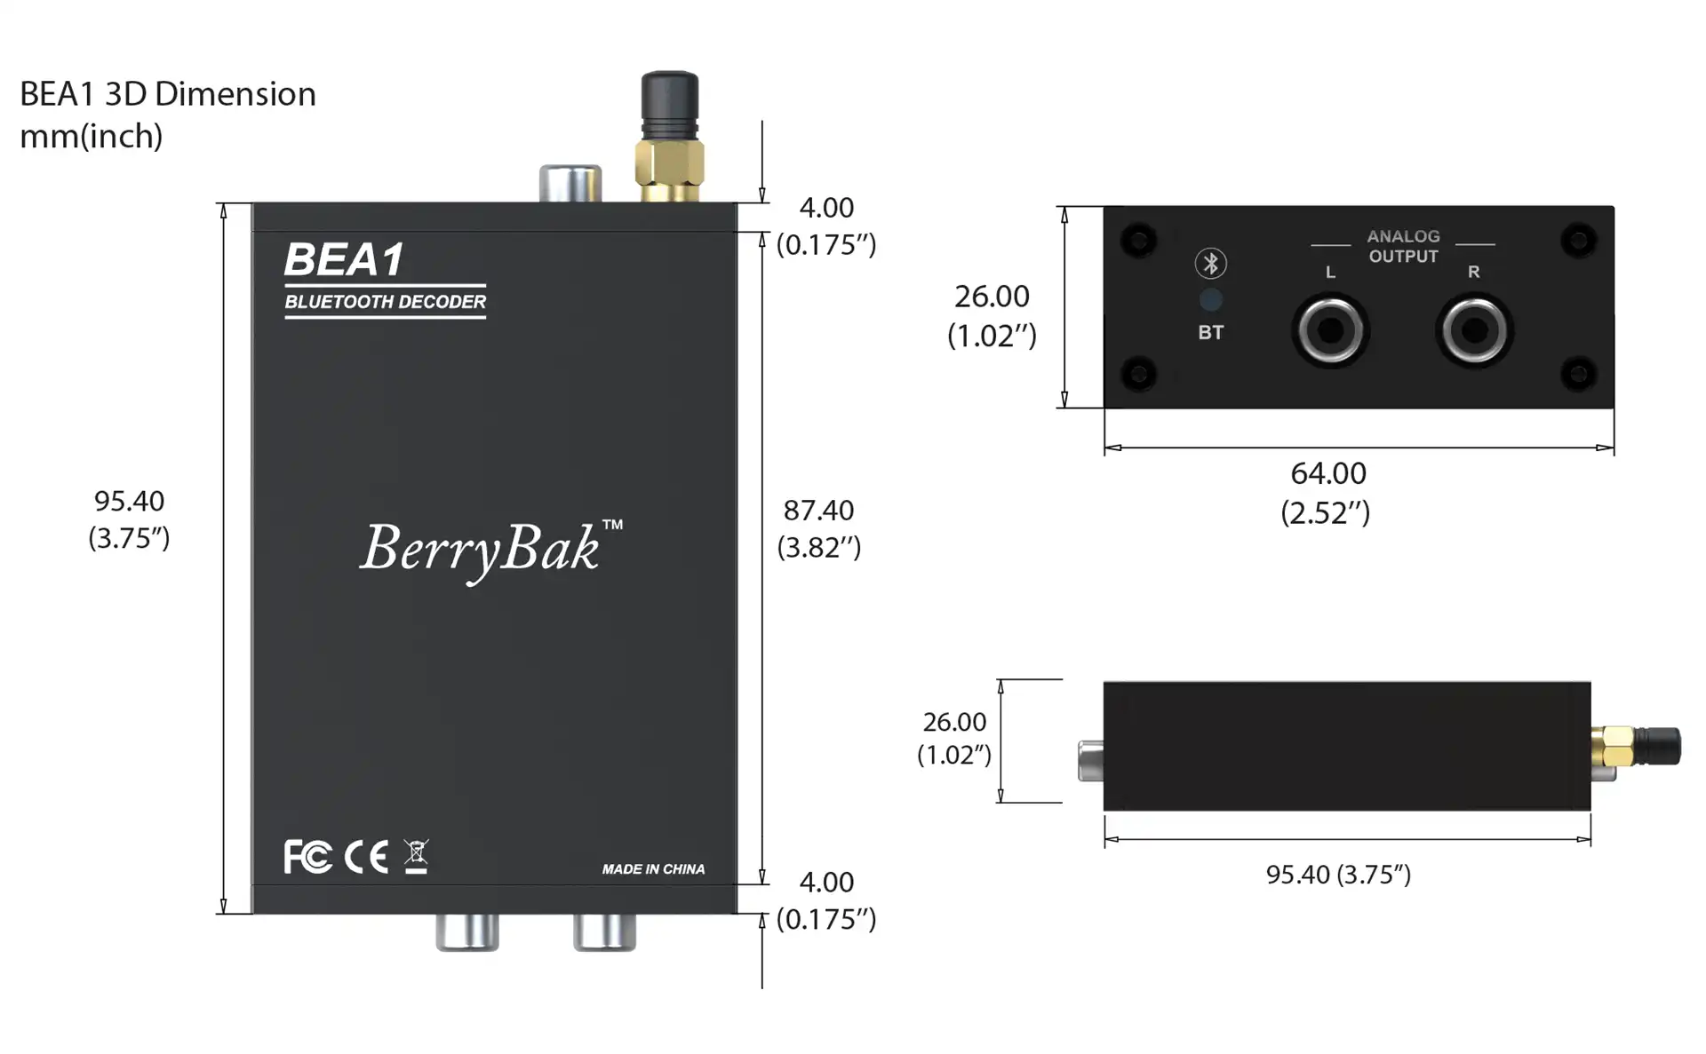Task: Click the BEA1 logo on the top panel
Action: pos(344,260)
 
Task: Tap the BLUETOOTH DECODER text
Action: pos(385,302)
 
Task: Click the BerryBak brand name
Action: pos(481,548)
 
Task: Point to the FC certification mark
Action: pos(307,857)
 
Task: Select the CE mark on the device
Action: pos(366,857)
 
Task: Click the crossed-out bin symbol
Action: pos(416,856)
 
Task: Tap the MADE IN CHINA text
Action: pos(653,869)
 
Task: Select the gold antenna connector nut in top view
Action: pos(670,163)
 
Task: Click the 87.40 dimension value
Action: pos(818,511)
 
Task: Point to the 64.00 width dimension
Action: pos(1328,473)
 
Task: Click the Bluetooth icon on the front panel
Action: pos(1210,264)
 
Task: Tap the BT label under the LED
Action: pos(1210,333)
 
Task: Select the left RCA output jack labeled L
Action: pos(1330,331)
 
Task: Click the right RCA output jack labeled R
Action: pos(1474,331)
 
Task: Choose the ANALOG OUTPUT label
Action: pos(1403,247)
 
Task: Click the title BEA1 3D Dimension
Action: pos(168,94)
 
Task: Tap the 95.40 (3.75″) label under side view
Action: pos(1338,875)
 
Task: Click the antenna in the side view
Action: pos(1644,747)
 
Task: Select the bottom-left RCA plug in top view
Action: pos(467,932)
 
